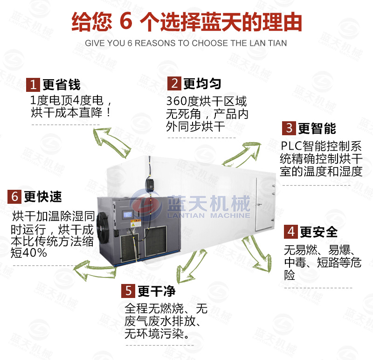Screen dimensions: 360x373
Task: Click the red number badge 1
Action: [x=33, y=85]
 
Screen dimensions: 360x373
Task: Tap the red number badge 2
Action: [x=174, y=83]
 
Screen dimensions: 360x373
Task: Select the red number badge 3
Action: [x=289, y=128]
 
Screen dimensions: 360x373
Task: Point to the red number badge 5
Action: [x=128, y=291]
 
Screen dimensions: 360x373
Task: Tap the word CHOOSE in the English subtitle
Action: [x=212, y=43]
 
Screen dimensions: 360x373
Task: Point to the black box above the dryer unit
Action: [x=150, y=183]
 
